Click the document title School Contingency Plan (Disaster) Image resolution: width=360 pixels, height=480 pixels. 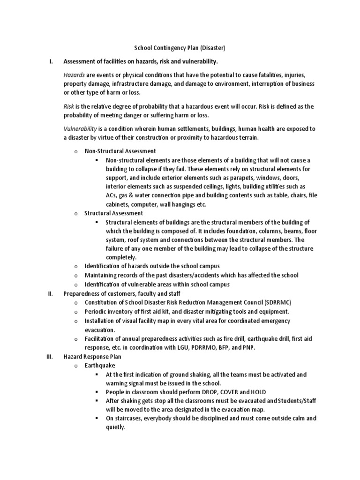click(180, 49)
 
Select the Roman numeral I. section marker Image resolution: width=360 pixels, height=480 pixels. click(51, 62)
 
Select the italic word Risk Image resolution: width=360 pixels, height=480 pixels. click(69, 106)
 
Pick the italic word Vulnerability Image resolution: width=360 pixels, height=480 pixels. click(80, 128)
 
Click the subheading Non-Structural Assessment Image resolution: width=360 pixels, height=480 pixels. click(120, 151)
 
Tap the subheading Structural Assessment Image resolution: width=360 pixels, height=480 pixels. click(113, 213)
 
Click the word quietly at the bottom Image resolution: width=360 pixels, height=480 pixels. click(115, 427)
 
